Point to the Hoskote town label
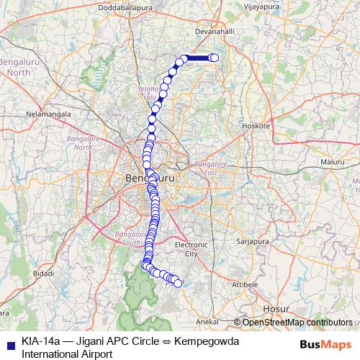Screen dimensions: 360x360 coord(256,125)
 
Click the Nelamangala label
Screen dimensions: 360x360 coord(48,114)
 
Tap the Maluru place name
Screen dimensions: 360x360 coord(333,163)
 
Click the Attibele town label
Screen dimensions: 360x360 coord(246,285)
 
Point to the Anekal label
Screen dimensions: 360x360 coord(207,321)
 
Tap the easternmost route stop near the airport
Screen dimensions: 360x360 coord(214,58)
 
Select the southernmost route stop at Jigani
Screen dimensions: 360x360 coord(178,284)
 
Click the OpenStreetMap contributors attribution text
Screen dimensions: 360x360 coord(297,323)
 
